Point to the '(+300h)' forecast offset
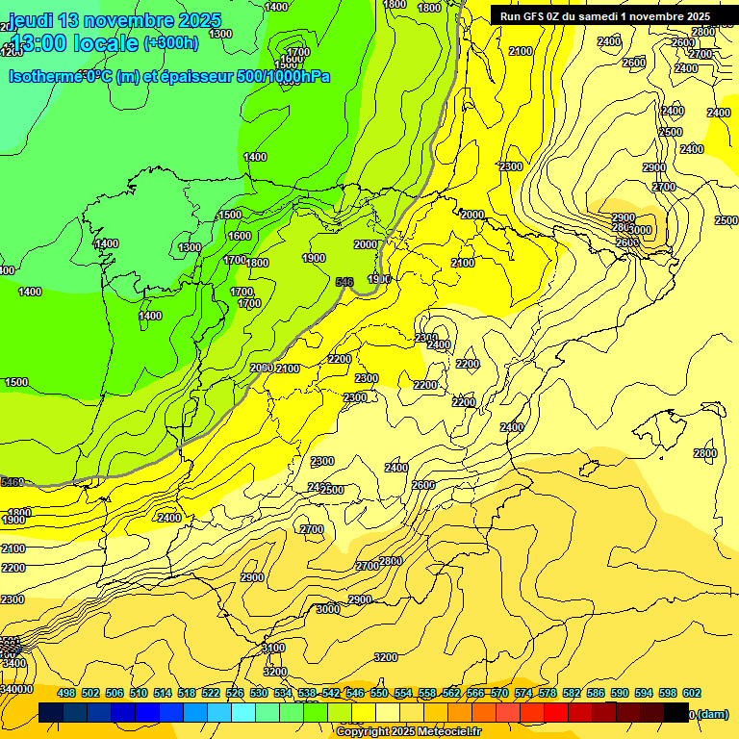coord(171,43)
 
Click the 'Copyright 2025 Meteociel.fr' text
coord(409,732)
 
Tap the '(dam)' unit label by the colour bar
coord(712,714)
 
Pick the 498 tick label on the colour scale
coord(66,693)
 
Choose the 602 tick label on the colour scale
coord(692,693)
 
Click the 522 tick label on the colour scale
coord(211,693)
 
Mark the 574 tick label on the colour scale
coord(523,693)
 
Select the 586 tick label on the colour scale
coord(596,693)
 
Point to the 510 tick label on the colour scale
coord(139,693)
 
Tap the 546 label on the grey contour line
coord(344,282)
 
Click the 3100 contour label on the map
coord(274,649)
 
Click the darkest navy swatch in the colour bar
coord(52,713)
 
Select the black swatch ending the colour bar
coord(676,713)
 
